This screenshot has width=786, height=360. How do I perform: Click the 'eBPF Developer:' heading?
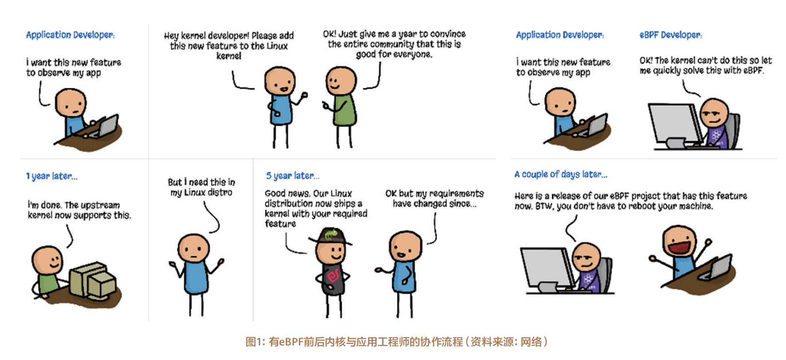[670, 35]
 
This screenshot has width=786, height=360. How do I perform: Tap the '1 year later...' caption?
[51, 176]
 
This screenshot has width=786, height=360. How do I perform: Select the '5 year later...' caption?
[292, 176]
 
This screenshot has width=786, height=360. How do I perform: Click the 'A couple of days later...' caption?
[560, 174]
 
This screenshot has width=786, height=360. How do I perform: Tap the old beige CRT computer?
[92, 281]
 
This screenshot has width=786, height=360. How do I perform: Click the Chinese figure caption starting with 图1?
[396, 342]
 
